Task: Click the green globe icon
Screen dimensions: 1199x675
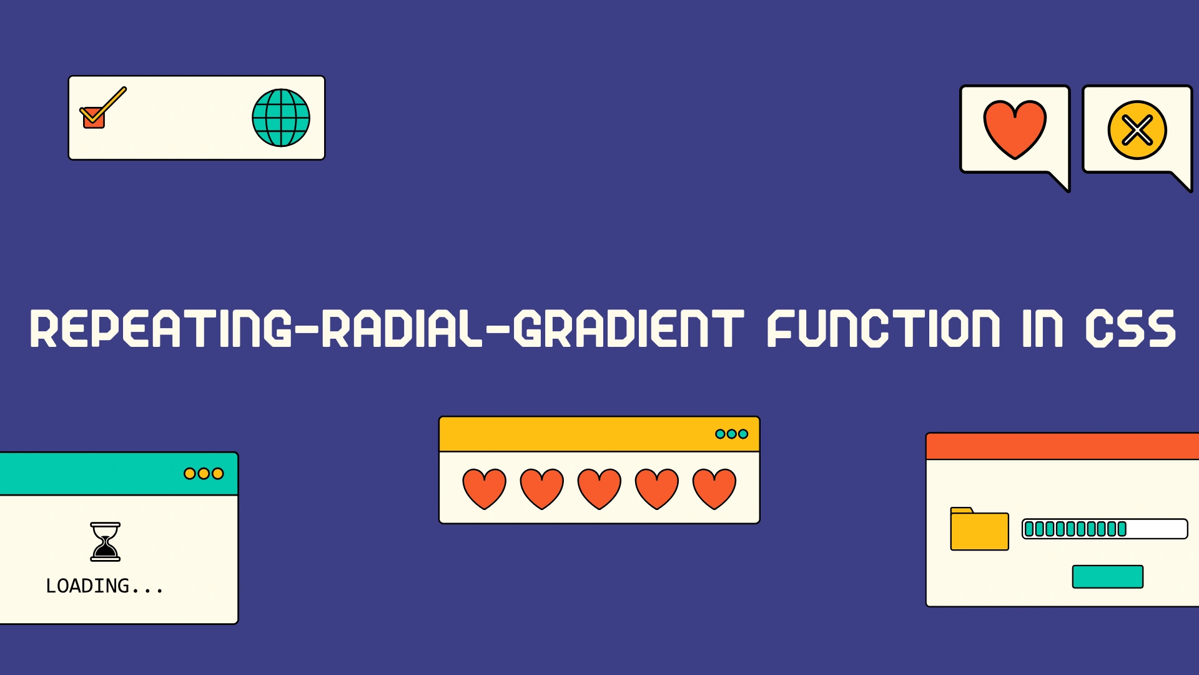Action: pos(281,117)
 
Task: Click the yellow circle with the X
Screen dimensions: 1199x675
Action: pos(1137,130)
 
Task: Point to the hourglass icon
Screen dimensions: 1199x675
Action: pos(106,542)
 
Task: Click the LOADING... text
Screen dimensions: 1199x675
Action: pos(104,586)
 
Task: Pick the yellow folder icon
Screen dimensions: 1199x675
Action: pos(979,529)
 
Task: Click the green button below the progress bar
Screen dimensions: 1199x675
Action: pos(1108,577)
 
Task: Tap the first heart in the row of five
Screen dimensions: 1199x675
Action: pos(485,489)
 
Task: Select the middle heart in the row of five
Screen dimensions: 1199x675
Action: pos(599,489)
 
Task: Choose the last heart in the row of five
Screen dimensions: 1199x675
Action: pos(714,489)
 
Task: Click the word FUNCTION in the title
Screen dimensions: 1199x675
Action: pos(884,328)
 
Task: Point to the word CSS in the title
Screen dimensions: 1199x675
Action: pos(1130,328)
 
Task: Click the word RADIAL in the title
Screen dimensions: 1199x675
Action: pos(402,328)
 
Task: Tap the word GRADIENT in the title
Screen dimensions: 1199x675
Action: pos(628,328)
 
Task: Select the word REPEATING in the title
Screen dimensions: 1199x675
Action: pos(160,328)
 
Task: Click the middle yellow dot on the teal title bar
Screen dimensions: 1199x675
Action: pos(204,474)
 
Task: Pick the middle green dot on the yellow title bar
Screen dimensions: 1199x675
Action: pos(732,434)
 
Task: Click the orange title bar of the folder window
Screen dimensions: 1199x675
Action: pos(1062,446)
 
